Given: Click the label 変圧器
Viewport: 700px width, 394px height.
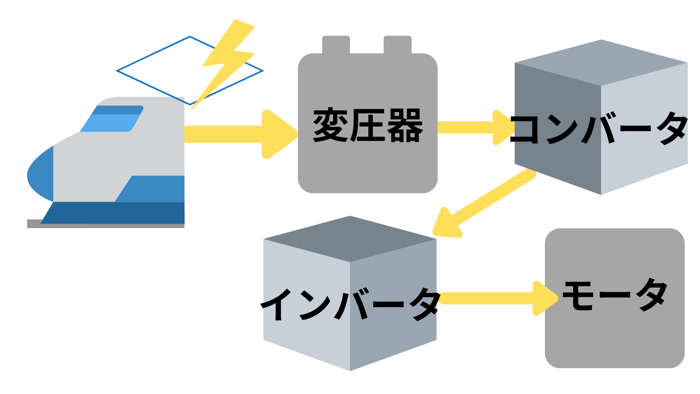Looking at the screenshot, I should [x=367, y=126].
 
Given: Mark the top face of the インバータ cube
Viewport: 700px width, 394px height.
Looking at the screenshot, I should [x=350, y=239].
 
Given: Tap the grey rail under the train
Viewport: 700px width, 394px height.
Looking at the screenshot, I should [x=33, y=224].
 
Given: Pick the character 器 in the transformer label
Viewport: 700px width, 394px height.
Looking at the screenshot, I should [x=405, y=126].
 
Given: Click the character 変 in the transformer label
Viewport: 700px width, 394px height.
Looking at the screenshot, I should [x=330, y=126].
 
